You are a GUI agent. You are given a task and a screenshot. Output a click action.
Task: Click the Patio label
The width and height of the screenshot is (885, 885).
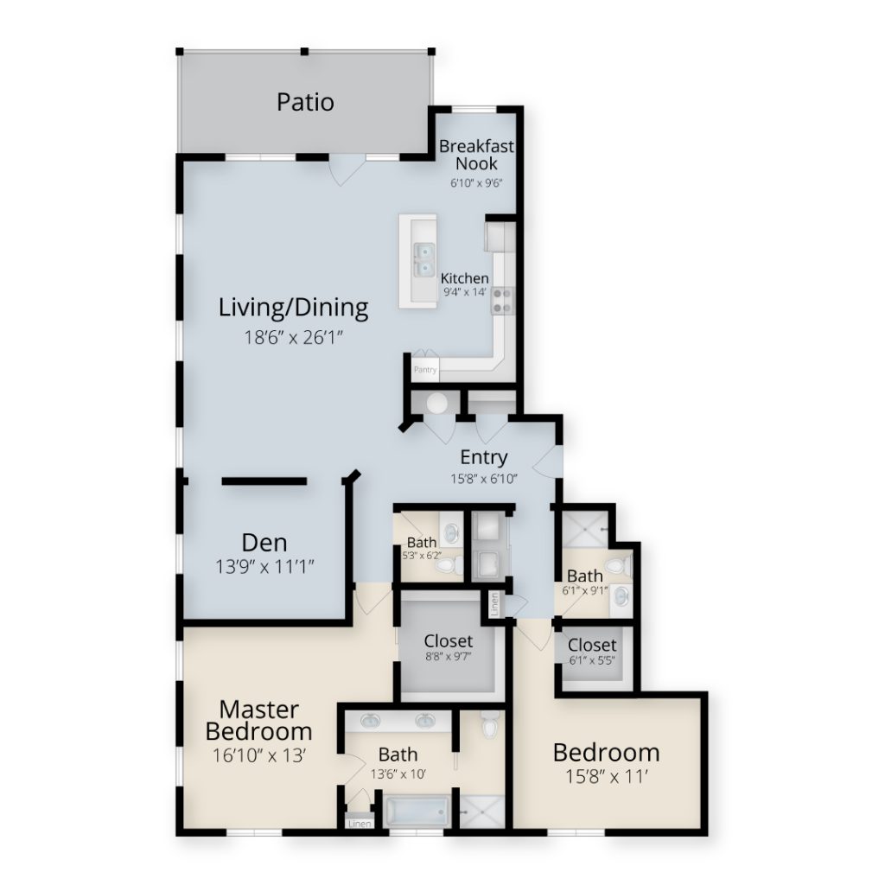click(305, 102)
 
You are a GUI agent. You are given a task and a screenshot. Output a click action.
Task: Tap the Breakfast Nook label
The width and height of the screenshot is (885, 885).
click(476, 155)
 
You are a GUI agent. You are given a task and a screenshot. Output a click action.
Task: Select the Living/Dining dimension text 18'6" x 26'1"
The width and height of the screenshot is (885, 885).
click(294, 338)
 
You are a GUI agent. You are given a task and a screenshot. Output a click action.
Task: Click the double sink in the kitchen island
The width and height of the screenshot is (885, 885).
click(424, 259)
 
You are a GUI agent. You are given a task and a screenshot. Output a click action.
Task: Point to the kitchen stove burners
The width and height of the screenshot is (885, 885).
click(502, 300)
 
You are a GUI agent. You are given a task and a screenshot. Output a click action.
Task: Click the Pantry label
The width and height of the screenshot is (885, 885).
click(425, 370)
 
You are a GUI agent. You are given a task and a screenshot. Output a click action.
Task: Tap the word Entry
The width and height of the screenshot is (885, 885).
click(484, 457)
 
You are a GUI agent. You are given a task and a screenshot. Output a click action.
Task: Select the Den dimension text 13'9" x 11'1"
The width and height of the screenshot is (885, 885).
click(264, 566)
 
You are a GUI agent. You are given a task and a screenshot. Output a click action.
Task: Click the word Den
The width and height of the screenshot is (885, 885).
click(264, 543)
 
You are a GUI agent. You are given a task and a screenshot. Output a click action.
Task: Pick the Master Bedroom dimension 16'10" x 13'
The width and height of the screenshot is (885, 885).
click(259, 754)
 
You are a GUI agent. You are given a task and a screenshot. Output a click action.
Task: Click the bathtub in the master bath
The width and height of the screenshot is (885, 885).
click(417, 811)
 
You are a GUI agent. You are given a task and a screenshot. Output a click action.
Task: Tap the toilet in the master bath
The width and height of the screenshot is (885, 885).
click(489, 724)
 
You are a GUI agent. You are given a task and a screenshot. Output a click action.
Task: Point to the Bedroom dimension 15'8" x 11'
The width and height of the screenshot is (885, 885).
click(606, 777)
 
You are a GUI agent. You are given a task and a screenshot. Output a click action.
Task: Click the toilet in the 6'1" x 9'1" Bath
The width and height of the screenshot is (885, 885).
click(620, 564)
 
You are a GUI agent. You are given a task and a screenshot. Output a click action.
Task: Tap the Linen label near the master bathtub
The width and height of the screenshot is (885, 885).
click(360, 824)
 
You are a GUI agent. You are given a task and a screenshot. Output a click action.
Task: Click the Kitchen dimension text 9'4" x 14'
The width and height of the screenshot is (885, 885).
click(464, 292)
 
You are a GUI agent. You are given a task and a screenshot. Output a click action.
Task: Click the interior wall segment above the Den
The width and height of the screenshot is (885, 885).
click(264, 481)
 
